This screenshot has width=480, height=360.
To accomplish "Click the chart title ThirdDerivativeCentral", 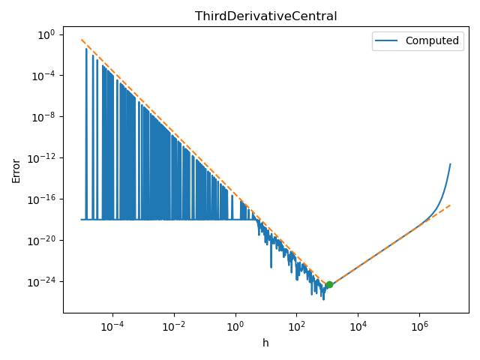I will coord(265,16).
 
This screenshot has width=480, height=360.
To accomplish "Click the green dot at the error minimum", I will coord(329,284).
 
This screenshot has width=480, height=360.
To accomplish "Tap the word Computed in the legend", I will coord(432,40).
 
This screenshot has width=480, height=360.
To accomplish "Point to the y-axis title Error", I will coord(16,170).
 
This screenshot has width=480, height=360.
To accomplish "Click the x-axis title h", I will coord(265,343).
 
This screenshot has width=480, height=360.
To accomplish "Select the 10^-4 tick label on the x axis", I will coord(112,327).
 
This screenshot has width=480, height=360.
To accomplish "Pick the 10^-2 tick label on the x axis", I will coord(174,327).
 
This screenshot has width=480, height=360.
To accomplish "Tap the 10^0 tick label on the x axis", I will coord(235,327).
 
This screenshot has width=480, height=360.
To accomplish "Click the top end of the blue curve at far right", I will coord(450,164).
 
